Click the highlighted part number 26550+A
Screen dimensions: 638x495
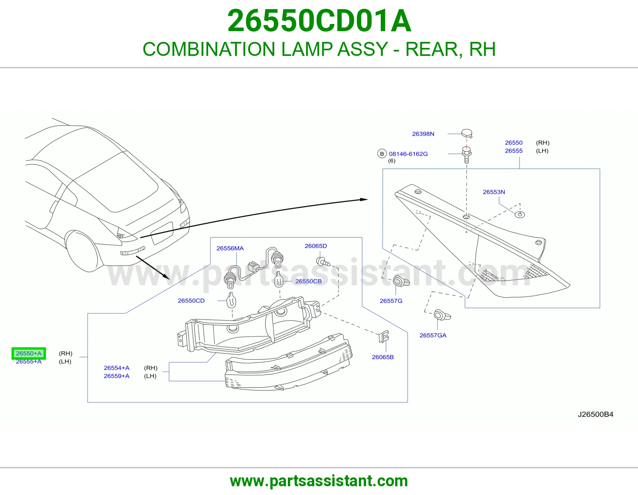[x=29, y=353]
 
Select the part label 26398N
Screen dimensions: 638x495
[x=423, y=134]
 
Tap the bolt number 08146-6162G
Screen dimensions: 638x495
[x=408, y=154]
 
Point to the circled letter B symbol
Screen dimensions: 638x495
[x=382, y=154]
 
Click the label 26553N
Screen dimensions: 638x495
[x=494, y=192]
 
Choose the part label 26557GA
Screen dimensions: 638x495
[x=433, y=335]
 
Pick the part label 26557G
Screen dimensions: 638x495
[x=391, y=301]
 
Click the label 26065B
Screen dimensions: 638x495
[x=382, y=357]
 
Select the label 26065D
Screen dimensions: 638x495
[x=316, y=246]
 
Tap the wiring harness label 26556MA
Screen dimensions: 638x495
[x=230, y=248]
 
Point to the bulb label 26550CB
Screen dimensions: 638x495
[x=308, y=281]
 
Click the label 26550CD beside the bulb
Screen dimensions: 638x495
[x=191, y=301]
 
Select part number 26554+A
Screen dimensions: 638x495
[x=116, y=368]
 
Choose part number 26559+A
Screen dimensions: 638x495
[x=116, y=376]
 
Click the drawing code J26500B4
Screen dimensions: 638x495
[x=595, y=414]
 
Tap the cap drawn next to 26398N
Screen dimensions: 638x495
[x=467, y=133]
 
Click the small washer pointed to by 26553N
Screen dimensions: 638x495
[x=520, y=215]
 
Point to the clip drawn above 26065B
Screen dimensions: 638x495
[x=384, y=336]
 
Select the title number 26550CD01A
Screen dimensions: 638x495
[x=319, y=21]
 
